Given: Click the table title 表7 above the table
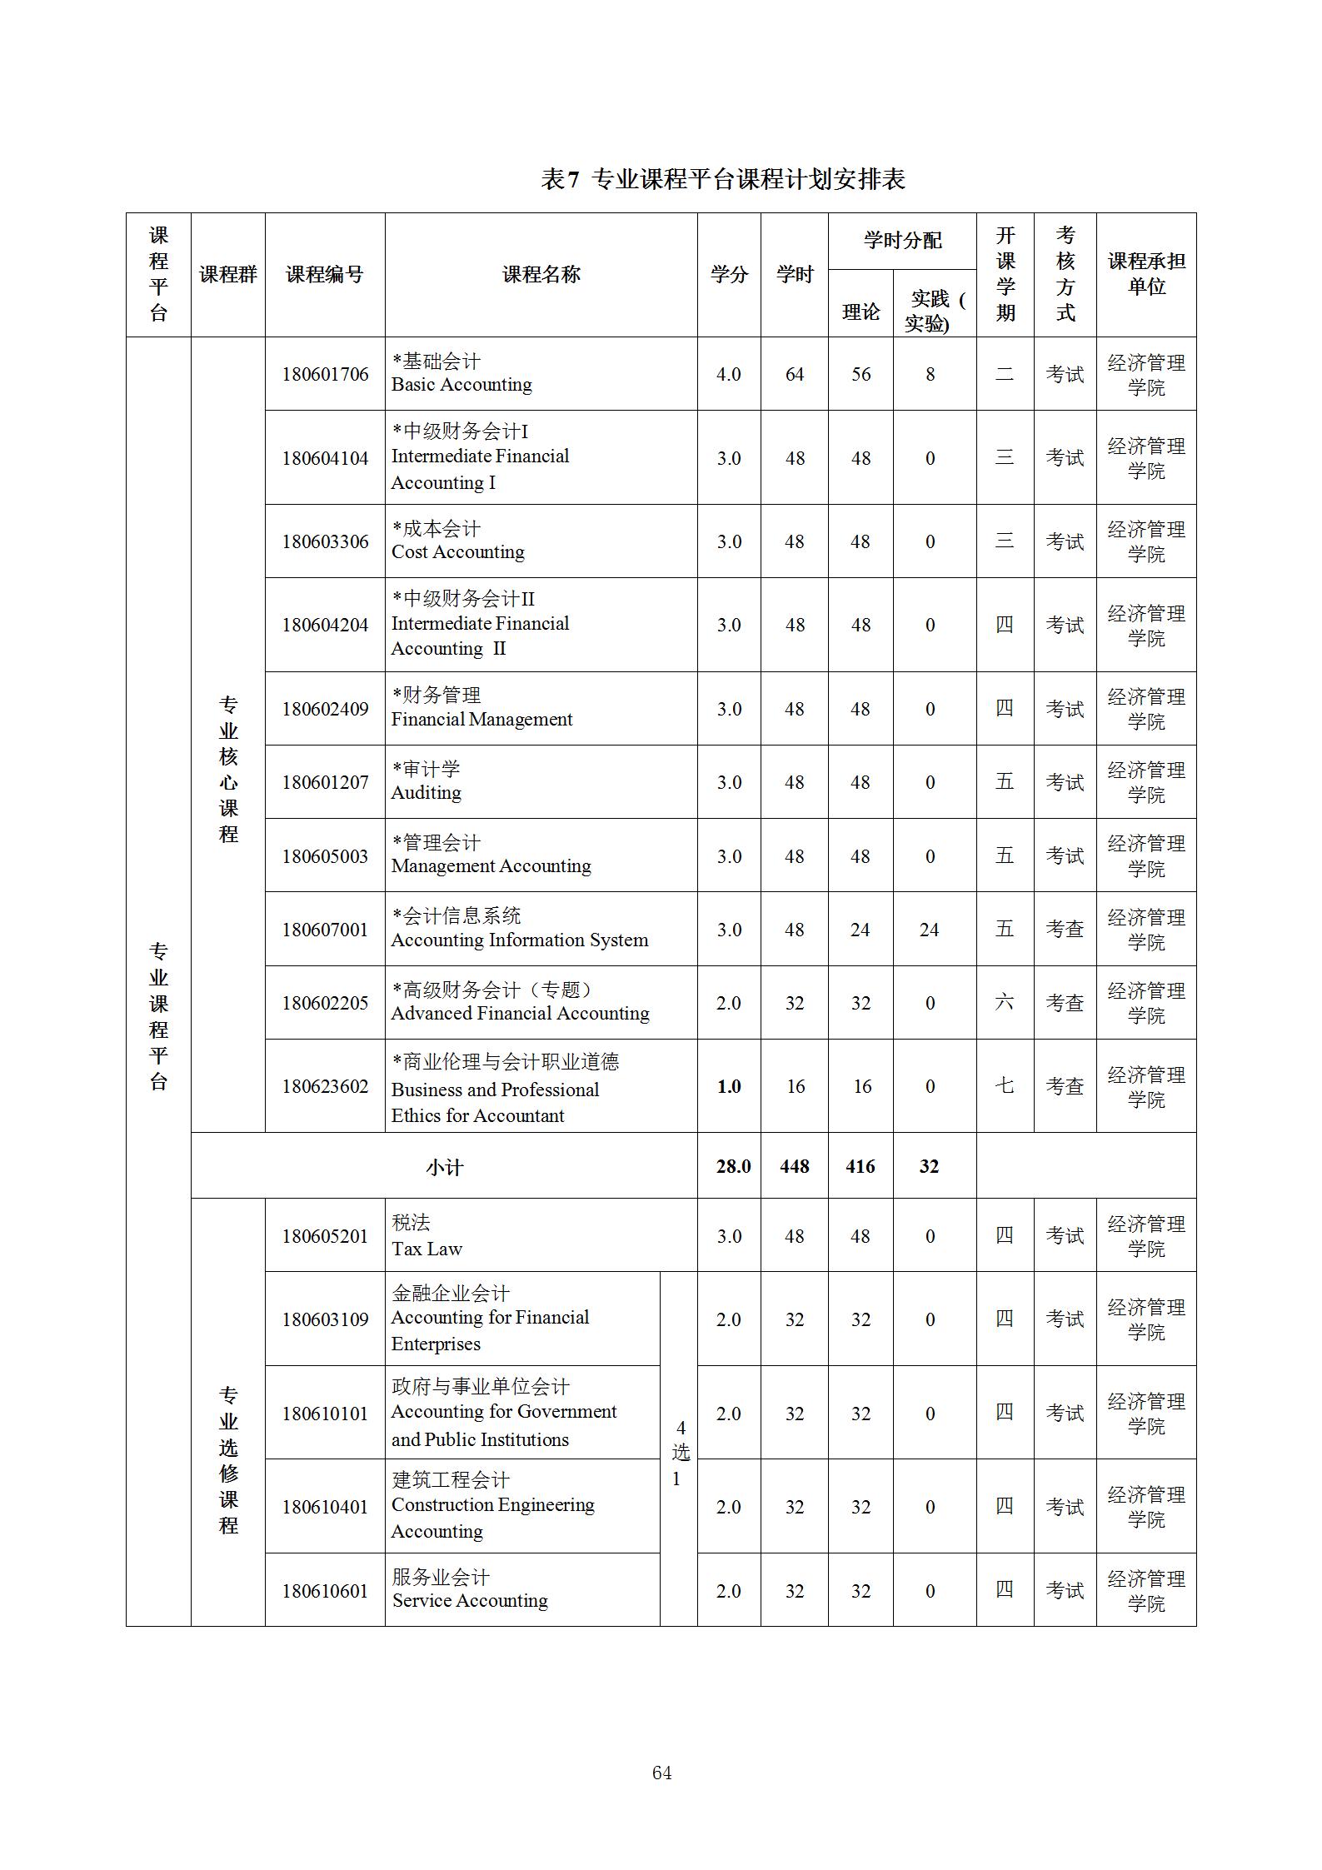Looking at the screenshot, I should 722,179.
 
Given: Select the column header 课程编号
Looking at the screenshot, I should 324,275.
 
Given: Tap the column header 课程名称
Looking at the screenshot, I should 541,275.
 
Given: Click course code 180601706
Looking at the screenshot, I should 325,374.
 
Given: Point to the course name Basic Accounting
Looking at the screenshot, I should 461,385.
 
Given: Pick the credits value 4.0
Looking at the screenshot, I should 729,374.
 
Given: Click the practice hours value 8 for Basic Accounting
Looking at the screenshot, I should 930,374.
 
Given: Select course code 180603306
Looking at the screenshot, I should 325,541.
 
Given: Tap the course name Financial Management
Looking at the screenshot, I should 481,720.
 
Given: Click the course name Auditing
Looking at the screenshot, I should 426,793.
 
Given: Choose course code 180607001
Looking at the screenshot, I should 325,930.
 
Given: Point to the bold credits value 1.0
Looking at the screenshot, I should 729,1086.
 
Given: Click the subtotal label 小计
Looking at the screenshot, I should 444,1167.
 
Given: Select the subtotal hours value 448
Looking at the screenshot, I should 795,1166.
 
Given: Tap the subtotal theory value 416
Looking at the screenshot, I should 861,1166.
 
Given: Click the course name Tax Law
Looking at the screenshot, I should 427,1249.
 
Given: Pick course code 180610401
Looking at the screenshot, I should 325,1507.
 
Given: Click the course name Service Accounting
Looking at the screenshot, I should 470,1601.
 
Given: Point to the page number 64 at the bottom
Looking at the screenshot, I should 661,1773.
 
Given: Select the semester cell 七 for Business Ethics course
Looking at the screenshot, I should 1005,1086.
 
